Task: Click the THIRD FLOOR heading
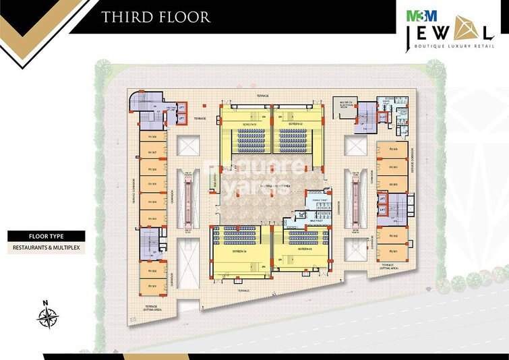[156, 16]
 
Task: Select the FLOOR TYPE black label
[47, 236]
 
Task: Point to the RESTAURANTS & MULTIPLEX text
[47, 248]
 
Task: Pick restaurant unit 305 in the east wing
[394, 150]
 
